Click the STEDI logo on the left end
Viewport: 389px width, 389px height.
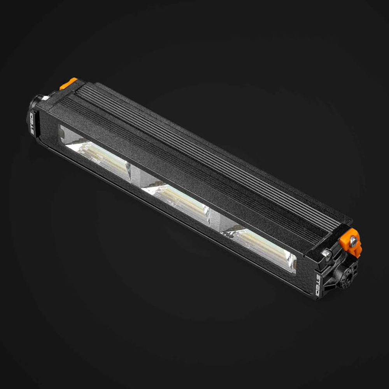point(32,124)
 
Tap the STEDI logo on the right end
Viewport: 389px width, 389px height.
point(318,285)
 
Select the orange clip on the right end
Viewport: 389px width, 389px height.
point(351,242)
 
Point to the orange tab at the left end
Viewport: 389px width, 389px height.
point(68,83)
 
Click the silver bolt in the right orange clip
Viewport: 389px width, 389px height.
point(353,241)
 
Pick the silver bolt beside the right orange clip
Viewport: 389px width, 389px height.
point(326,254)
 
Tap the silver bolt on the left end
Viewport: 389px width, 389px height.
point(46,98)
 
